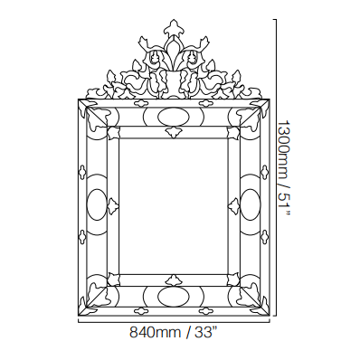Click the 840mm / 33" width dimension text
click(174, 332)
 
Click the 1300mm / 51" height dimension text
click(284, 168)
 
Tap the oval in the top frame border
click(174, 117)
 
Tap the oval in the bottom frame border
click(174, 296)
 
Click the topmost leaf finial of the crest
click(174, 27)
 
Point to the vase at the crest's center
click(174, 82)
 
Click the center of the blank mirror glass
click(174, 206)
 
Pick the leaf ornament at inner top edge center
click(174, 132)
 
